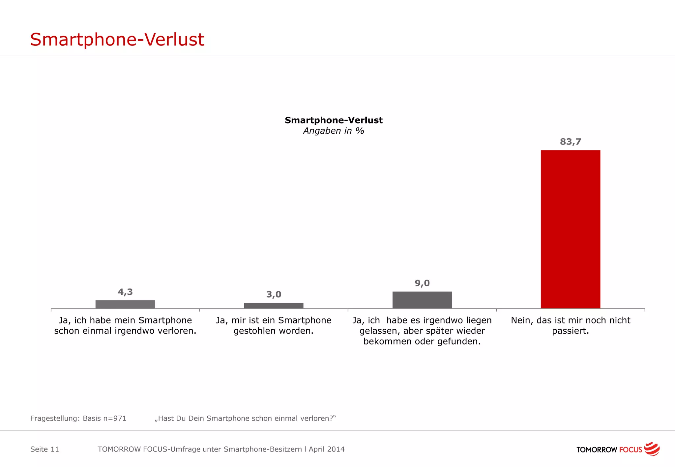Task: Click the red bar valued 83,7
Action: coord(570,229)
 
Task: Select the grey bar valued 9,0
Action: coord(422,300)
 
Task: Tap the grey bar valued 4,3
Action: coord(125,304)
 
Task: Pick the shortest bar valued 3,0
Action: coord(274,306)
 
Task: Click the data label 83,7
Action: coord(570,142)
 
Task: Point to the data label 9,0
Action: coord(422,283)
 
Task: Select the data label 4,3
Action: coord(125,292)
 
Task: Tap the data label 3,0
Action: coord(274,294)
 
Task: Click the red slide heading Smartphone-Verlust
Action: coord(117,40)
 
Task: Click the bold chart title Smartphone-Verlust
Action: coord(334,120)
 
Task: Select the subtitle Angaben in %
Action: coord(334,131)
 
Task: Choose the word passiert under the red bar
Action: coord(570,331)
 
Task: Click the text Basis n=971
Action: coord(104,418)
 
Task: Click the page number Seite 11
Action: coord(44,449)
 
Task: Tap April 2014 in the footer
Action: coord(327,449)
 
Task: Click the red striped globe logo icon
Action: coord(652,449)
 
